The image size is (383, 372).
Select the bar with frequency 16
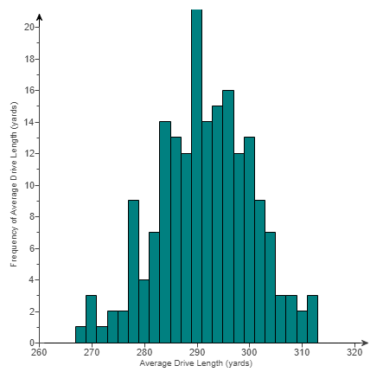point(228,216)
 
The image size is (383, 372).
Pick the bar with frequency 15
point(218,224)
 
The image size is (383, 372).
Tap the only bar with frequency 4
point(144,311)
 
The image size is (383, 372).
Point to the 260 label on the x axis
point(38,352)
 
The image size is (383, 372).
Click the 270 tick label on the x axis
point(91,352)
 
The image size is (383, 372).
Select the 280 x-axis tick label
point(144,352)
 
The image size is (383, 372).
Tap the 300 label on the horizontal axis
point(250,352)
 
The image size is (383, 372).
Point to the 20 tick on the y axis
point(29,27)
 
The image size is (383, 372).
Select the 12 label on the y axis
point(29,153)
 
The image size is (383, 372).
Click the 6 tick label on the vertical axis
point(31,248)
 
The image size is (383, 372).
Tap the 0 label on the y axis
point(31,343)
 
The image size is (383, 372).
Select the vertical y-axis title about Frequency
point(14,185)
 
